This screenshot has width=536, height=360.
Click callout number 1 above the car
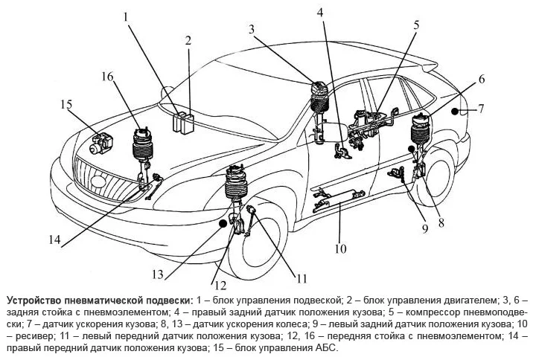(x=127, y=15)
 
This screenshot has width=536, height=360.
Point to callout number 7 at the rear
(x=481, y=109)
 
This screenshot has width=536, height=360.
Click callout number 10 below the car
(x=340, y=248)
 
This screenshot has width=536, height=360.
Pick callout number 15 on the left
(x=66, y=104)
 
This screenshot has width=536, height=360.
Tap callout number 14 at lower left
(x=54, y=240)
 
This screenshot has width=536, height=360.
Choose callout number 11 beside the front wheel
(x=301, y=279)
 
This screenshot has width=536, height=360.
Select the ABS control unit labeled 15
(x=100, y=143)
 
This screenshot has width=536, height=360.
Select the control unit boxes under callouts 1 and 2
(x=182, y=120)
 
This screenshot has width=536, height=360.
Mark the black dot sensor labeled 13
(x=223, y=222)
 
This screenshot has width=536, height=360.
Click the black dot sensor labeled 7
(x=453, y=110)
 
